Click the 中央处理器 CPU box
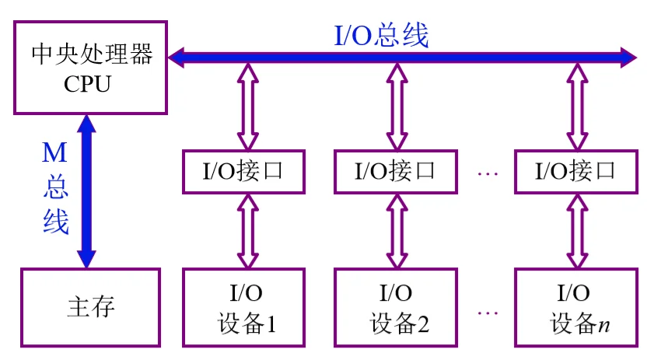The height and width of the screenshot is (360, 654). (x=90, y=68)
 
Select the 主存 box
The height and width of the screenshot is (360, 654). (x=90, y=307)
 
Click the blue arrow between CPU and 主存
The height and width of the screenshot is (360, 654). (x=86, y=190)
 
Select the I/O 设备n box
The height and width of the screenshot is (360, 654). (x=575, y=307)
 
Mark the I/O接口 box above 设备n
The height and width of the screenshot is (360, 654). (x=575, y=171)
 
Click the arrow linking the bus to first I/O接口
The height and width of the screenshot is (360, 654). (x=247, y=107)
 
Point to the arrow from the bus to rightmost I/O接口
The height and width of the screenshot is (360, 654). (x=575, y=107)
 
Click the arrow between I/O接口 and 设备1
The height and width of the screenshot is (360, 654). (x=247, y=230)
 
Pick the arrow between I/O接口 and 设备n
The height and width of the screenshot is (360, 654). (x=575, y=230)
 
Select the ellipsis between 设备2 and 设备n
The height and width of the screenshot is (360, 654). (x=487, y=313)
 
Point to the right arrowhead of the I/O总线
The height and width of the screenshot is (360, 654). (x=628, y=56)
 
